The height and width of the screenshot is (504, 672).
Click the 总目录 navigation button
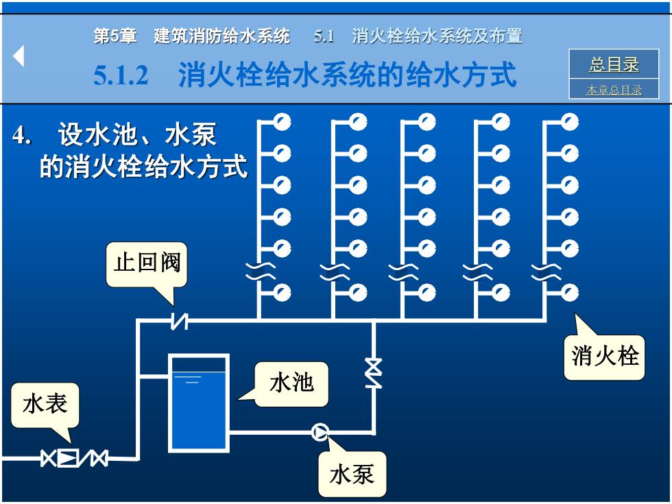click(x=614, y=64)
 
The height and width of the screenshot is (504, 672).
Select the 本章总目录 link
click(x=614, y=90)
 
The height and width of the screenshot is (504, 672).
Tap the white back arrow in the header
click(x=19, y=56)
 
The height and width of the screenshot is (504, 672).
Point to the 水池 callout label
click(x=291, y=383)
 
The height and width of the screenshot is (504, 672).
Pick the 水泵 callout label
click(x=352, y=475)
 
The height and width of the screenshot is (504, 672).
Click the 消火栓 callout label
click(x=604, y=357)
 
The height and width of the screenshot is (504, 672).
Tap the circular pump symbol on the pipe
click(x=320, y=432)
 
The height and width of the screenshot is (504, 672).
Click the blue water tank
click(x=198, y=403)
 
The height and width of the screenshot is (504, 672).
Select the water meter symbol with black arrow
click(x=68, y=458)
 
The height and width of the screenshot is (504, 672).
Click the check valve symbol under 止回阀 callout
click(x=180, y=321)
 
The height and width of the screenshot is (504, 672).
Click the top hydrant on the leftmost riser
click(x=282, y=122)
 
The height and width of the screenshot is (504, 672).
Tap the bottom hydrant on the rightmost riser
click(x=570, y=293)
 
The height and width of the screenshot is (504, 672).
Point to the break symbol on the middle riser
click(x=403, y=272)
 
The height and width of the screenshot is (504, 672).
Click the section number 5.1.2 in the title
click(x=121, y=75)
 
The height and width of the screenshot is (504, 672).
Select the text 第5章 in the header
click(x=115, y=36)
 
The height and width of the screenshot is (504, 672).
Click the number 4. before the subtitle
click(x=22, y=135)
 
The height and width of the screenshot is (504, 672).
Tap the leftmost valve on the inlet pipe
click(x=49, y=458)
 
